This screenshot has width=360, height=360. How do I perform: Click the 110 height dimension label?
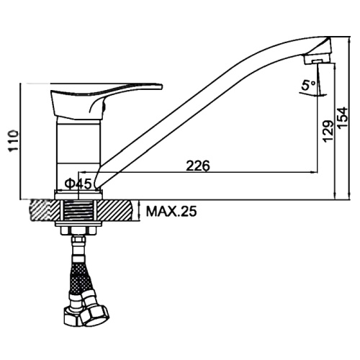tap(14, 141)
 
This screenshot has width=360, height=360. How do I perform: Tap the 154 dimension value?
tap(343, 118)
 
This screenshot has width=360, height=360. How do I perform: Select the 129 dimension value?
tap(328, 132)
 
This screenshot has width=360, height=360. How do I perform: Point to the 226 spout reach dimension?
tap(198, 166)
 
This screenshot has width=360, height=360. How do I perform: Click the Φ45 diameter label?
tap(78, 184)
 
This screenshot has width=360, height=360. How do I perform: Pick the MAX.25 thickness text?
tap(171, 212)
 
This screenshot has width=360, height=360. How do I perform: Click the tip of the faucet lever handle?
tap(161, 86)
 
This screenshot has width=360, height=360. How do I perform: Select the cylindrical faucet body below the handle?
tap(78, 153)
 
